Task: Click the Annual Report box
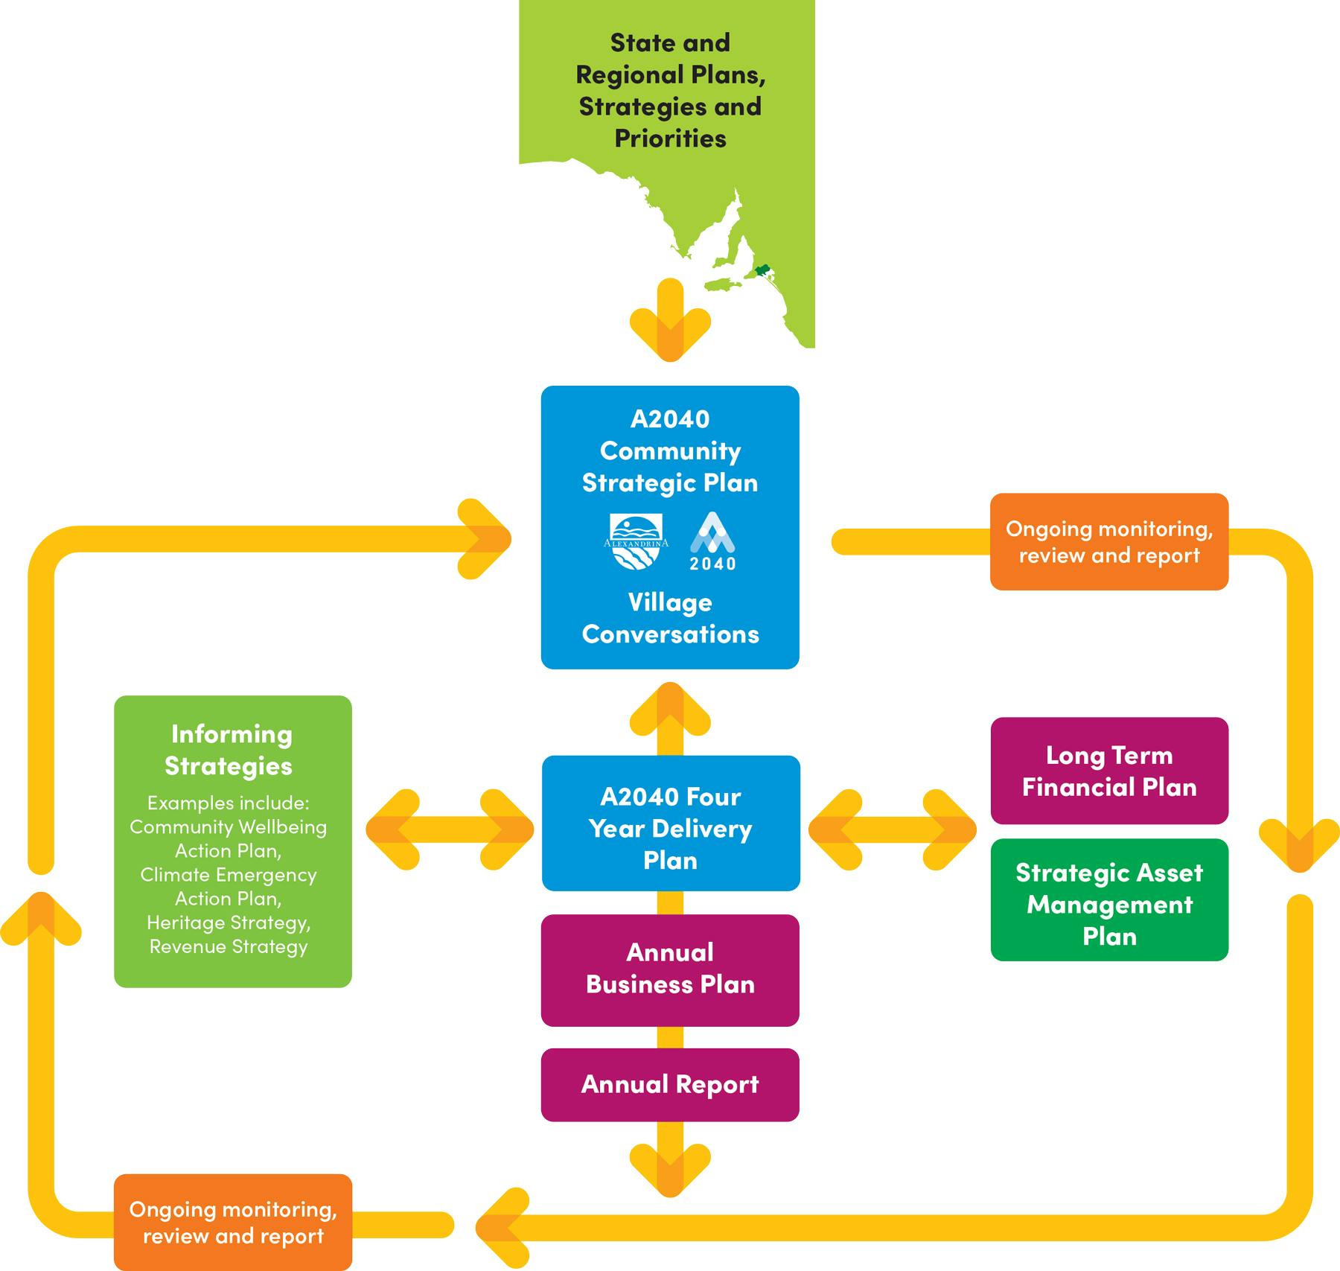point(669,1084)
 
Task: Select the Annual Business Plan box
point(669,969)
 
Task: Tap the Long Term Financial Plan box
point(1108,771)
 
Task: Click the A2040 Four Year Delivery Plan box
point(670,827)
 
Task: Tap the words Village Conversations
point(670,618)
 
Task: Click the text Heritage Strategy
point(229,923)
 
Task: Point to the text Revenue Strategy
point(229,946)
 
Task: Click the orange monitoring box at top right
point(1108,541)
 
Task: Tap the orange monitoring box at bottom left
point(232,1223)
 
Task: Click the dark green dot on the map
point(762,270)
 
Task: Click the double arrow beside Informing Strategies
point(450,829)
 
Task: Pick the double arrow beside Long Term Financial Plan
point(892,829)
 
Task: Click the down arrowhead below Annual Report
point(670,1169)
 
